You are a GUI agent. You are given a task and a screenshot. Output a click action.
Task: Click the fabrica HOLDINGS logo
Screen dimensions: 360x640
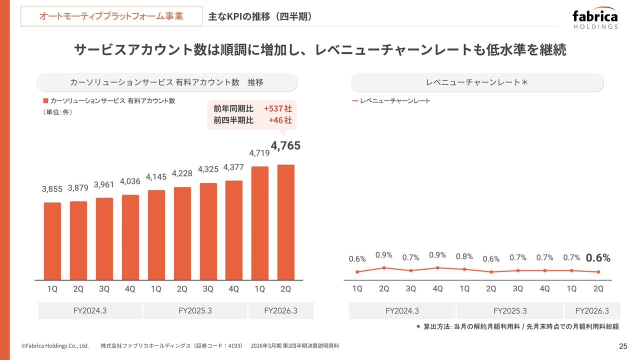[x=595, y=19]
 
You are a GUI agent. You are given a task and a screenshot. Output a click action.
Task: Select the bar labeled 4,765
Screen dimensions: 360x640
[x=286, y=222]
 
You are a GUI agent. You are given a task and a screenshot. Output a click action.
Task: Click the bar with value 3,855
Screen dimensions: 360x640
[x=52, y=241]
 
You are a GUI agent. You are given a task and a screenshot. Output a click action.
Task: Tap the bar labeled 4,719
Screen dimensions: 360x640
[x=260, y=223]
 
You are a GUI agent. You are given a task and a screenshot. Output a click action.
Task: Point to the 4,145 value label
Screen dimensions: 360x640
[x=156, y=177]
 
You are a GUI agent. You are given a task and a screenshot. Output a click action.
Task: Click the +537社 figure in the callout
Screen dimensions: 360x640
[x=277, y=108]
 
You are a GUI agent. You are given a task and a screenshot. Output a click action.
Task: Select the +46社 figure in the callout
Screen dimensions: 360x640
[x=280, y=120]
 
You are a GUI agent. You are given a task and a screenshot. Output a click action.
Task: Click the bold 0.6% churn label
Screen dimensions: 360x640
[x=598, y=258]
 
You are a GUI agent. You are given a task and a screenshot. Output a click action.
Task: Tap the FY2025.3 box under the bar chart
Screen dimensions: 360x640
[x=195, y=310]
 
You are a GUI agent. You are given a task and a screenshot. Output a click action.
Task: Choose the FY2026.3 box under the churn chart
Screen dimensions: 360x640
[x=592, y=310]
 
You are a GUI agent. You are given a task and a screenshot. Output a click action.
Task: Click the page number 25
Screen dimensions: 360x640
[x=623, y=346]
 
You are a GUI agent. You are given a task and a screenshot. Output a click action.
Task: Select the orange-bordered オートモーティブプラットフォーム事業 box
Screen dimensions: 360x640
[x=111, y=16]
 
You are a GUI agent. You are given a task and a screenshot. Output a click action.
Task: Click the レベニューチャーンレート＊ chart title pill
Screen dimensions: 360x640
[x=477, y=82]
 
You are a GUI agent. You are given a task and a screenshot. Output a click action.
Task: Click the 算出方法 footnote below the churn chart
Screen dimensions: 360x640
[x=517, y=326]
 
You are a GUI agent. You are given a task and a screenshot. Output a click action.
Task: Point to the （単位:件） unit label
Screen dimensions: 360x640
[x=58, y=112]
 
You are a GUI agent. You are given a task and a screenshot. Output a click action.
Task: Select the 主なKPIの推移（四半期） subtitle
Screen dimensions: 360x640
[x=260, y=16]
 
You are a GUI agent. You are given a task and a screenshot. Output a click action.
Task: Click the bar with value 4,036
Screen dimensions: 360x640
[x=130, y=237]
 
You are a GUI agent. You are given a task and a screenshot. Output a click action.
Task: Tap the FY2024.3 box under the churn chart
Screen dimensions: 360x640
[x=402, y=310]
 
